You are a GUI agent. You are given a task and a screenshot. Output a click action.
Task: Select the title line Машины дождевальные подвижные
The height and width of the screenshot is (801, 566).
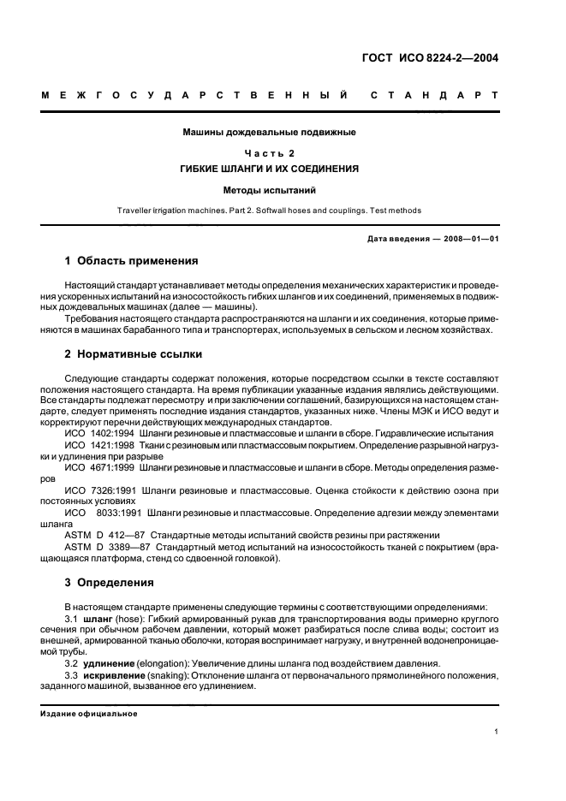(269, 133)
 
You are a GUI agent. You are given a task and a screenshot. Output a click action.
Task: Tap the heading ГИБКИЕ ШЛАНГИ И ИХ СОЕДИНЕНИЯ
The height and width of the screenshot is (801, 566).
(269, 169)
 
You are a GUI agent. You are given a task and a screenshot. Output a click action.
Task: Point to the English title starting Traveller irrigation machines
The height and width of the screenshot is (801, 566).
(269, 211)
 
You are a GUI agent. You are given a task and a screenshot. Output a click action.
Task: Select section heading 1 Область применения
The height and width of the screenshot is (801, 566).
(132, 260)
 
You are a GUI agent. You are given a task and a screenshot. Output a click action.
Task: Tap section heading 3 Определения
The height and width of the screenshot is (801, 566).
(110, 583)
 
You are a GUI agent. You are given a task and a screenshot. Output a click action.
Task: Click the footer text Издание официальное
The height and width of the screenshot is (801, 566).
(89, 714)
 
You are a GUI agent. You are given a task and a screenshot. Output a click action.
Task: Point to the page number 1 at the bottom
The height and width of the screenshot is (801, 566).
(497, 732)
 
